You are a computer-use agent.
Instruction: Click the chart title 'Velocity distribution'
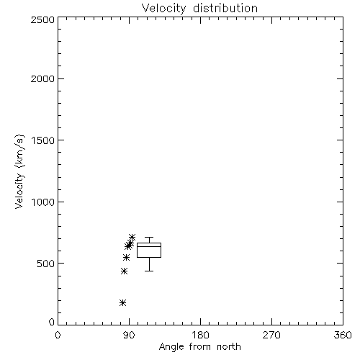(x=199, y=9)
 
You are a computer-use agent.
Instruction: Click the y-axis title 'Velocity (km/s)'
(x=19, y=171)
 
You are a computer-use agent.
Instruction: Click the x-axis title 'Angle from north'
(x=199, y=347)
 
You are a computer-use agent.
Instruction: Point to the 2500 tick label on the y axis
(x=42, y=19)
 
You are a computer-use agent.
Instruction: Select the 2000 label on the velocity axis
(x=42, y=78)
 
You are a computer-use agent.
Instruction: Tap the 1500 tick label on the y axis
(x=43, y=140)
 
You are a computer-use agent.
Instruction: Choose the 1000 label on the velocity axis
(x=43, y=202)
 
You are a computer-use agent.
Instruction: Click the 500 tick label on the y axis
(x=46, y=264)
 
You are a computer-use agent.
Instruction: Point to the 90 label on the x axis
(x=129, y=335)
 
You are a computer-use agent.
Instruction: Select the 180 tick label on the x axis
(x=200, y=335)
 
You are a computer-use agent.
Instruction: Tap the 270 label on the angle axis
(x=271, y=335)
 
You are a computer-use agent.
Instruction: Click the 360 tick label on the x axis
(x=343, y=335)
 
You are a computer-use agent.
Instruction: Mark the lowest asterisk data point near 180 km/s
(x=122, y=303)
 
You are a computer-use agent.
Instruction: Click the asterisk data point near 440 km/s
(x=124, y=271)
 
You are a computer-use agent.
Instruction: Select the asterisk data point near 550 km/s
(x=126, y=258)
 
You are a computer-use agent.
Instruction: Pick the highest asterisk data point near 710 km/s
(x=132, y=238)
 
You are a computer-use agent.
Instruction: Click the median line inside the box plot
(x=149, y=246)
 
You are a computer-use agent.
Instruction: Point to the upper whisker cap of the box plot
(x=149, y=238)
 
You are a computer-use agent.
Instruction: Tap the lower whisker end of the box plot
(x=149, y=271)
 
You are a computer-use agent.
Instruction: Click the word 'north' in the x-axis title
(x=229, y=347)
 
